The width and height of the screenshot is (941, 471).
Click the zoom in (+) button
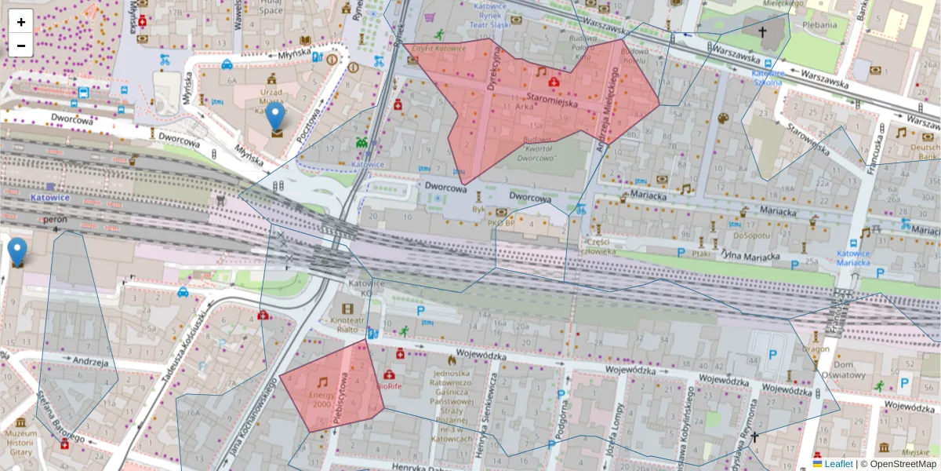(21, 21)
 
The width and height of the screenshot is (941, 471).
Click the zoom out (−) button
(21, 46)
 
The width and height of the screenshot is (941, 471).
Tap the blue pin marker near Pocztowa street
(275, 118)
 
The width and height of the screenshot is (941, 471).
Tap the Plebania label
(819, 24)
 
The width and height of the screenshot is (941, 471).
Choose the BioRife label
(390, 386)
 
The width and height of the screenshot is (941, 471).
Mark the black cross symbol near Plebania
(761, 32)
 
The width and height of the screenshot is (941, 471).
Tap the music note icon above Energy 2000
(322, 382)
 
